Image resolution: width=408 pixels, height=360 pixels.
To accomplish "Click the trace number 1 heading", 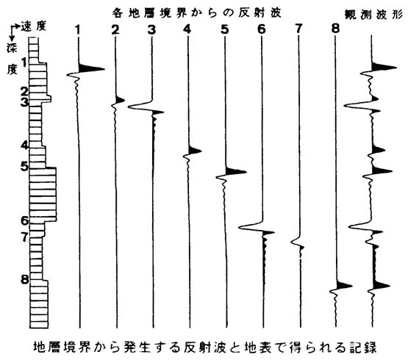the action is (x=77, y=30).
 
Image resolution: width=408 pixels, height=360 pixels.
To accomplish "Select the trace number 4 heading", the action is (x=187, y=29).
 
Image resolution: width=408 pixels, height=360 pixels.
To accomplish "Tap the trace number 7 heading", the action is (x=298, y=29).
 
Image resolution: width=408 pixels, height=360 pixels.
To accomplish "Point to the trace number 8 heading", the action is (x=335, y=29).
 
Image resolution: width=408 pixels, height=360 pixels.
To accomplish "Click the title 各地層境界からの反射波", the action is (x=197, y=13).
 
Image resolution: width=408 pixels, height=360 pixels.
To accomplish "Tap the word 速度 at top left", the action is (x=34, y=26).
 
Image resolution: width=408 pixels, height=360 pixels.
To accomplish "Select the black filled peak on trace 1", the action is (x=91, y=68).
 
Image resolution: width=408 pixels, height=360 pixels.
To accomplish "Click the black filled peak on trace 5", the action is (x=235, y=171).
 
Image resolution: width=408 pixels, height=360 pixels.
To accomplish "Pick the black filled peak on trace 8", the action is (x=344, y=285).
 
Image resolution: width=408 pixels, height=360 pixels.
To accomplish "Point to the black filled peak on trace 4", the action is (x=195, y=151).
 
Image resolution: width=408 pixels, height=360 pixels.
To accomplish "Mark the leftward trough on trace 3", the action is (x=139, y=107).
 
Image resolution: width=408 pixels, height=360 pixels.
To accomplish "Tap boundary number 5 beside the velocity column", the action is (x=24, y=167).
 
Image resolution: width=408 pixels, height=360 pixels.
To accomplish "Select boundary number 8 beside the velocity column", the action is (x=25, y=280).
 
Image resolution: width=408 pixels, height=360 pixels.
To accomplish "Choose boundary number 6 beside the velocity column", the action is (x=25, y=221).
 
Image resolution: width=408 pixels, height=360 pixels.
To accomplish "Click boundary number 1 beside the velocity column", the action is (x=25, y=62).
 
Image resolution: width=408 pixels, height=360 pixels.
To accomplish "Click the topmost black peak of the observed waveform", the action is (x=384, y=67).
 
